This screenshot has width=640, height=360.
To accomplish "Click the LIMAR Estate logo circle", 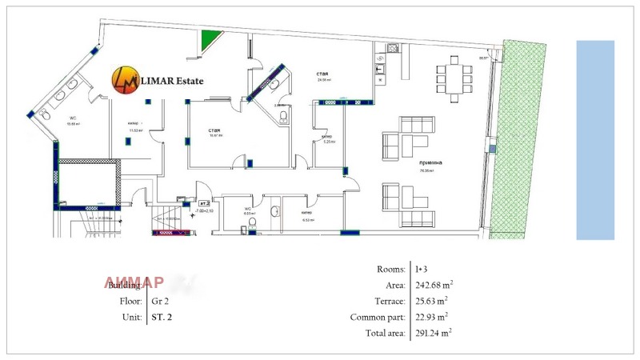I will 124,78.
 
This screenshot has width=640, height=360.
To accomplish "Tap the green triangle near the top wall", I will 210,38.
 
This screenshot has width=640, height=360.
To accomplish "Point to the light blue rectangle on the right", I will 595,139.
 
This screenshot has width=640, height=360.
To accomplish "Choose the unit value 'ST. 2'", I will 161,318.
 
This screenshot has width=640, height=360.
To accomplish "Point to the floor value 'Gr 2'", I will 158,301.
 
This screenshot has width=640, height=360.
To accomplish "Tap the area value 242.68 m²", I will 433,285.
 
